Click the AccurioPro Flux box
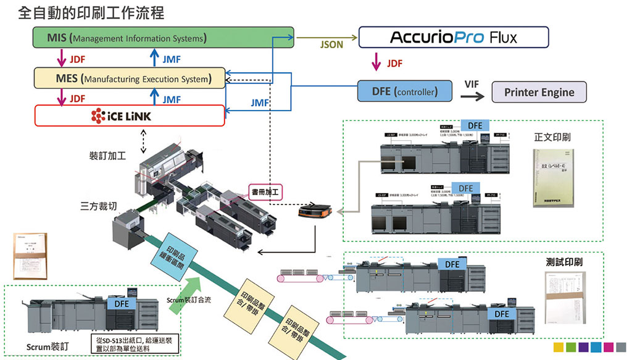[x=453, y=38]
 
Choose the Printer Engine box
[x=539, y=92]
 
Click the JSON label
[x=332, y=45]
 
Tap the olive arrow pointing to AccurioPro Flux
[x=326, y=37]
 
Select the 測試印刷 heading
[x=565, y=262]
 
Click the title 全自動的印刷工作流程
[x=91, y=12]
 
